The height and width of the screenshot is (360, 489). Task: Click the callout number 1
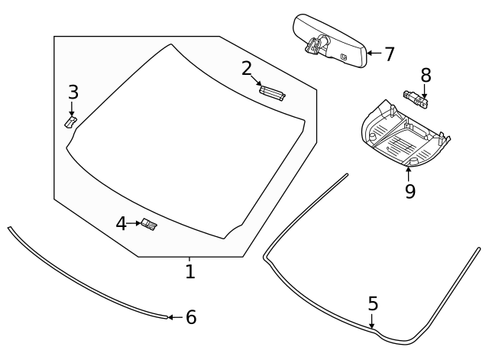[x=189, y=271]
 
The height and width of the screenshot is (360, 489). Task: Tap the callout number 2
[x=247, y=69]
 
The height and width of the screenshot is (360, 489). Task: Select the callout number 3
[x=73, y=92]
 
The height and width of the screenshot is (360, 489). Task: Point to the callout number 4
[x=121, y=224]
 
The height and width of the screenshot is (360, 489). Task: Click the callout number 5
[x=373, y=303]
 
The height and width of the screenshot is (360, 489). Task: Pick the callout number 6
[x=191, y=317]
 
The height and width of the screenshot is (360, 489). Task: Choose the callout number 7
[x=389, y=54]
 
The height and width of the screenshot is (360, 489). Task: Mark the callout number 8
[x=426, y=75]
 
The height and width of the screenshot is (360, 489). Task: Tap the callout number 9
[x=410, y=191]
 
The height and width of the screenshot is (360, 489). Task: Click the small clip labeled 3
[x=70, y=122]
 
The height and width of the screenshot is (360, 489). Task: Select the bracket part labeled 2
[x=273, y=92]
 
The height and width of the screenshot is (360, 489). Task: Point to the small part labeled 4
[x=148, y=224]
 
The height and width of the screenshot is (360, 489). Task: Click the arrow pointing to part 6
[x=175, y=316]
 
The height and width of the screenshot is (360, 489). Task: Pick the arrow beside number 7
[x=372, y=54]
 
